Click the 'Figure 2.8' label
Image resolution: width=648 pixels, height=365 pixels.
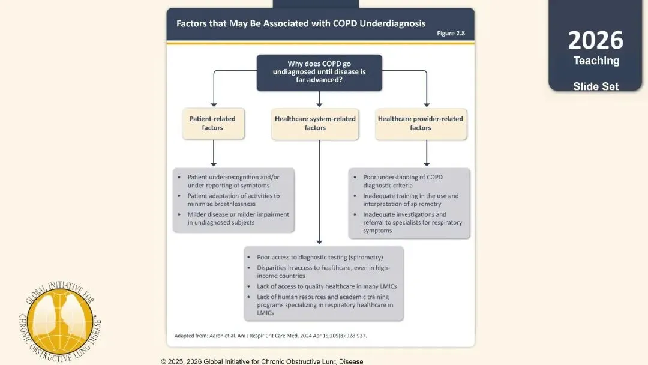coord(451,33)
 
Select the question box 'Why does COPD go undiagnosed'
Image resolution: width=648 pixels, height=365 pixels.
coord(319,73)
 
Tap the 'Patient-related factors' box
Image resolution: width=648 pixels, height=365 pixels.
coord(213,124)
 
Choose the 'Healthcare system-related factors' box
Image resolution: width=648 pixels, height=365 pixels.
coord(315,124)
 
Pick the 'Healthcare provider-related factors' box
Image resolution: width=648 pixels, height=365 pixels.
coord(421,124)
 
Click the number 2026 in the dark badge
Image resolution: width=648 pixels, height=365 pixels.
coord(596,40)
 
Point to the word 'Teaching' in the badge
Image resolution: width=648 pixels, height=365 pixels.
coord(596,61)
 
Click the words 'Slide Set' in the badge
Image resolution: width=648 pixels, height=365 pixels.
coord(596,86)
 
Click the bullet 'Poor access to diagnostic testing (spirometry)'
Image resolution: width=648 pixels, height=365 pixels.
coord(320,257)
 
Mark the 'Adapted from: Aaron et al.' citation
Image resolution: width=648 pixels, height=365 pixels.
coord(270,336)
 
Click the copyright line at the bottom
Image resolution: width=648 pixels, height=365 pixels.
coord(262,361)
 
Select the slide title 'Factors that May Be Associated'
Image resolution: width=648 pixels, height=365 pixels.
coord(301,23)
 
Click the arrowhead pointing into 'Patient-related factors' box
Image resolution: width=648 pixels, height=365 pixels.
coord(214,104)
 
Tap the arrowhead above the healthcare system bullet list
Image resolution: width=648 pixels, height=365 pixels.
coord(319,242)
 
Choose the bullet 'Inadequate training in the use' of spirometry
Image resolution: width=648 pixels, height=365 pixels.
coord(411,200)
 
